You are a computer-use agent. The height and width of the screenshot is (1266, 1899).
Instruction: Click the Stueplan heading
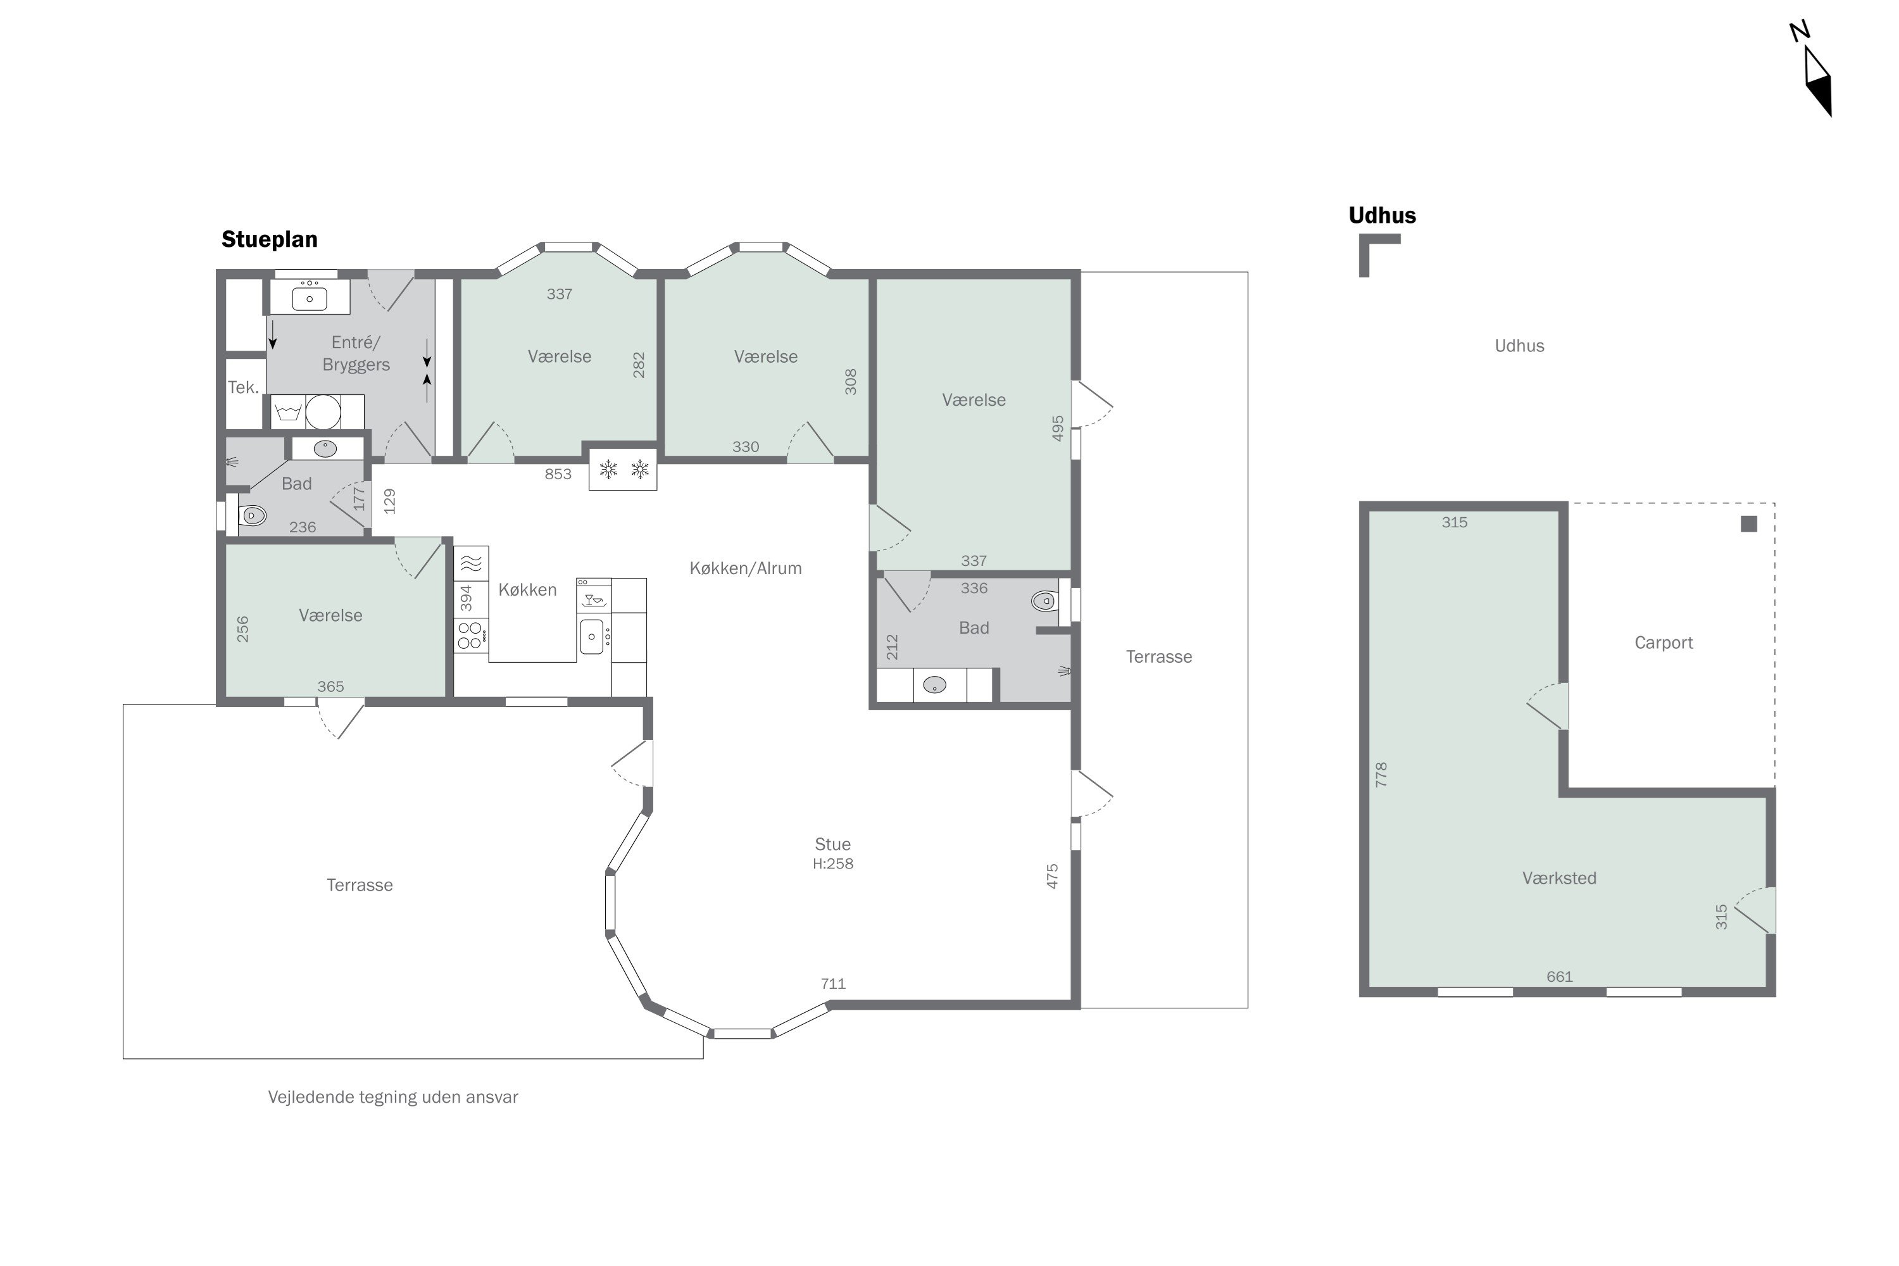(270, 240)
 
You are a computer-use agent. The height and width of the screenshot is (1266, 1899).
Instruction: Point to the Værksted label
(1559, 877)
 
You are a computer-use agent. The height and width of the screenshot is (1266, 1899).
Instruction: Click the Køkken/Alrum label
(745, 568)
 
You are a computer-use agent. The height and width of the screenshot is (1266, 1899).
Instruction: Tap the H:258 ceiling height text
(832, 863)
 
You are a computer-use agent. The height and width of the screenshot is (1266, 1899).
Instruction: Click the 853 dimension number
(558, 474)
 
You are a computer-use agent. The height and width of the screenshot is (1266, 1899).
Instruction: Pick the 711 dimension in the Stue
(832, 984)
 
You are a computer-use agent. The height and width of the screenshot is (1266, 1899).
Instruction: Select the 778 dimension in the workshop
(1381, 774)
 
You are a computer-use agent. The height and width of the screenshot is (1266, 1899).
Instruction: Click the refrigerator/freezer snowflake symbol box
(622, 469)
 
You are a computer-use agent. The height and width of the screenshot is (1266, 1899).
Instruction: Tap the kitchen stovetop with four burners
(471, 635)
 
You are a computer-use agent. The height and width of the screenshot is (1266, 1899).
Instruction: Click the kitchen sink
(592, 636)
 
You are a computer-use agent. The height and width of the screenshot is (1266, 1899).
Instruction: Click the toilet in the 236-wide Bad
(252, 514)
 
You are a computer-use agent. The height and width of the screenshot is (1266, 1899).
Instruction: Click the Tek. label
(243, 387)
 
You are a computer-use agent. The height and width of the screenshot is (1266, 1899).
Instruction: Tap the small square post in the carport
(1749, 524)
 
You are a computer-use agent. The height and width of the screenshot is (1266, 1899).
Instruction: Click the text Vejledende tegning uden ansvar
(393, 1097)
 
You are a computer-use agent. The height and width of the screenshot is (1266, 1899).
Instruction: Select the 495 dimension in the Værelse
(1058, 428)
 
